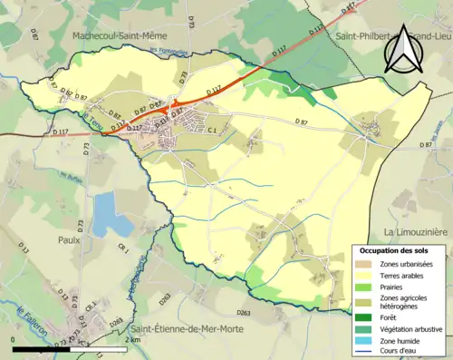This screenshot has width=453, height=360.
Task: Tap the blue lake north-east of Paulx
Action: (110, 214)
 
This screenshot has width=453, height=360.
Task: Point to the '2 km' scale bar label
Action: (133, 338)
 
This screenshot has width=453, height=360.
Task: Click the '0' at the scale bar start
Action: (13, 338)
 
